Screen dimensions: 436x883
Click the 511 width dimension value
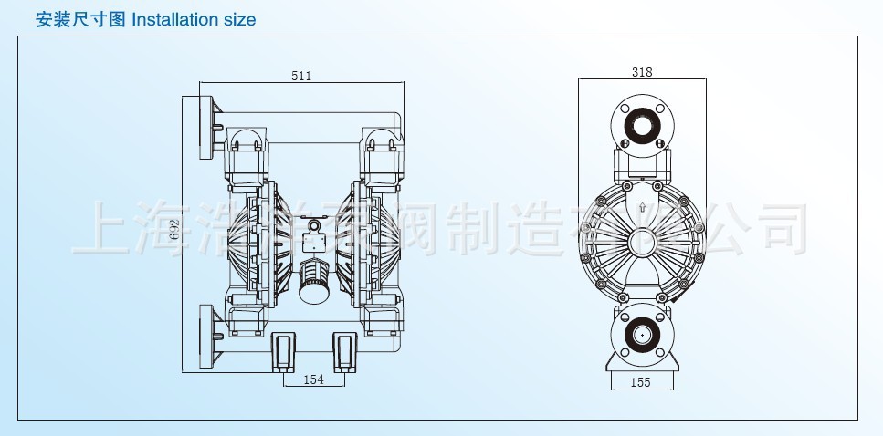(x=301, y=77)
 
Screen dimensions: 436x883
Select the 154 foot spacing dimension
(x=314, y=379)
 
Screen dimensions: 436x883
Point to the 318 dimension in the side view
(x=641, y=72)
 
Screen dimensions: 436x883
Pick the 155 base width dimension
(x=640, y=383)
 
